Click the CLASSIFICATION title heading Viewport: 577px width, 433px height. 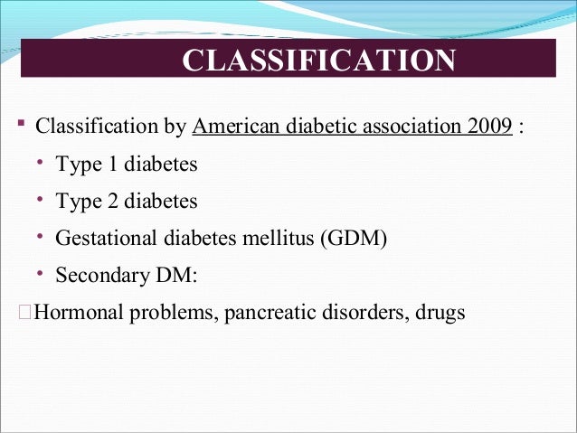point(319,61)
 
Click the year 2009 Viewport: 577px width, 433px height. point(490,125)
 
